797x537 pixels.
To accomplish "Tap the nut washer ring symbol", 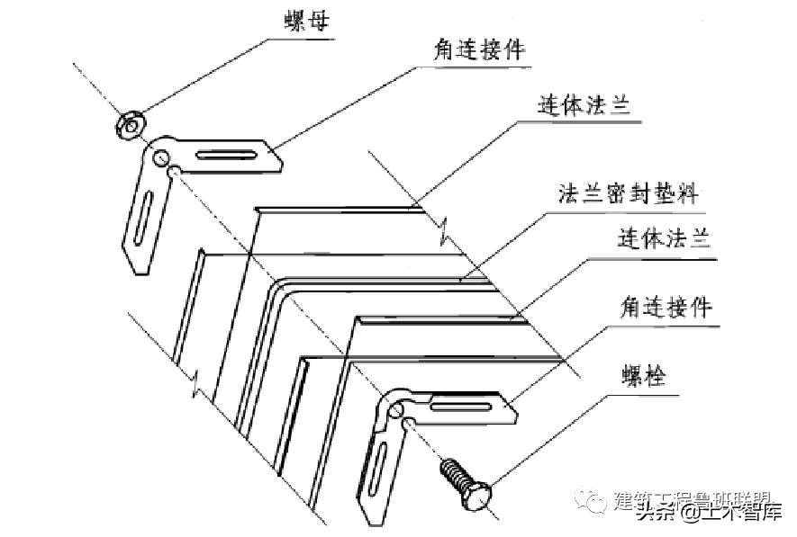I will pos(130,124).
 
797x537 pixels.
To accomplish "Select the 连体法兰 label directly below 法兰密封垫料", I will pos(665,239).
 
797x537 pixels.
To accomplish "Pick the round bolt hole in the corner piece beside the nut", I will pos(161,159).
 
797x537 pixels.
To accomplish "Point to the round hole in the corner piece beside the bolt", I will pos(395,411).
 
